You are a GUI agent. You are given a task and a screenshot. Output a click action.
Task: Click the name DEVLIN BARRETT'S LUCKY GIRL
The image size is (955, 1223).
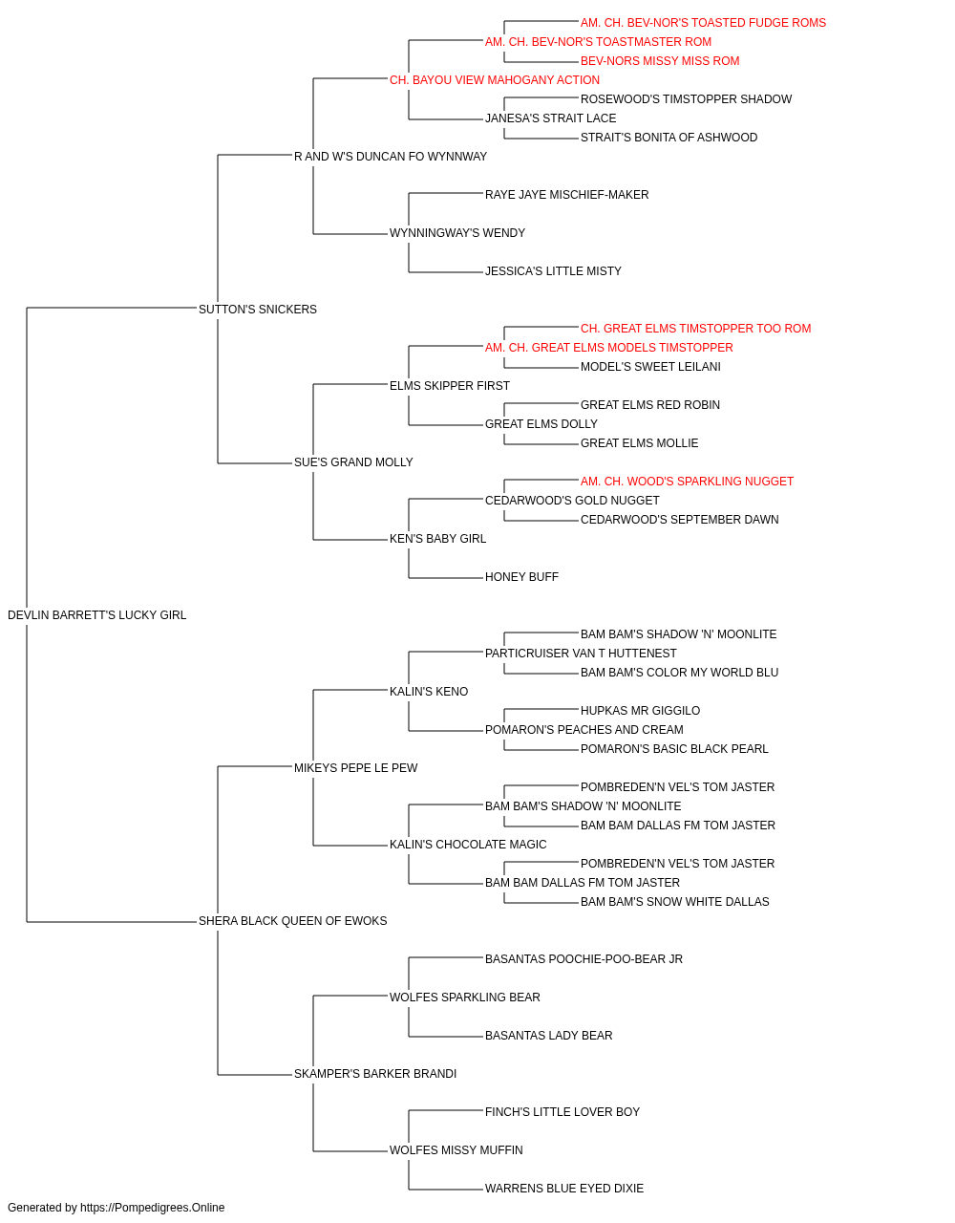(96, 615)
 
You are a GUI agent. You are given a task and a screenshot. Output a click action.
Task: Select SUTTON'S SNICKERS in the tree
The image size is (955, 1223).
(258, 310)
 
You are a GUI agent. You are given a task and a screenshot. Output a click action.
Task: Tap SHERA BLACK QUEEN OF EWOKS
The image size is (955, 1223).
(292, 921)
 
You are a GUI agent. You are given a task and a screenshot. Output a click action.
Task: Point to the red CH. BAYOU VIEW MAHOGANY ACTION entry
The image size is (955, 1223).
(495, 80)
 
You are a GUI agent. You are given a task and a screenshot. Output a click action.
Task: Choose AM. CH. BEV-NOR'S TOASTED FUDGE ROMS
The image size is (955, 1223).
(703, 23)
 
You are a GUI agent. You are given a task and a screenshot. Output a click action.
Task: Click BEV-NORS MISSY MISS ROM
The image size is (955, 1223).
(660, 61)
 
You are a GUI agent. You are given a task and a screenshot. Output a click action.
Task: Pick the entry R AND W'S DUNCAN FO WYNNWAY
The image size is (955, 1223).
(391, 157)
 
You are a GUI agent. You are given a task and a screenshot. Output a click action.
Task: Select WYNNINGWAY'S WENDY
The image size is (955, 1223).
(457, 233)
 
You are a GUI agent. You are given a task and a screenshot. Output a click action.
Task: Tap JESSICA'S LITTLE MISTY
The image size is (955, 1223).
(553, 271)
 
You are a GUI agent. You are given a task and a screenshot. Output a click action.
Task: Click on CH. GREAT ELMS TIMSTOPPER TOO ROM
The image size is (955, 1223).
(696, 329)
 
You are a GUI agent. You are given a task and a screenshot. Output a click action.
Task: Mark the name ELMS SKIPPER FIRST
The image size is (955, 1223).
(450, 386)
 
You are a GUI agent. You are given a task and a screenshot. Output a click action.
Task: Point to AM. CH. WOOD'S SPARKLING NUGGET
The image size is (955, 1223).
(687, 482)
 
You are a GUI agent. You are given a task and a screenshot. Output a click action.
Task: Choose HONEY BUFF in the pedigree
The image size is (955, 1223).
(521, 577)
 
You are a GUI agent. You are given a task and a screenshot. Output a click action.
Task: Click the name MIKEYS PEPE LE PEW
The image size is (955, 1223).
(355, 768)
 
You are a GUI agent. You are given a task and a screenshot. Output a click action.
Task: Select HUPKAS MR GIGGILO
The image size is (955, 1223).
(640, 711)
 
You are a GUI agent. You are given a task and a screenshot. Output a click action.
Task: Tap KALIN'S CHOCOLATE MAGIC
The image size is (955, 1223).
(468, 845)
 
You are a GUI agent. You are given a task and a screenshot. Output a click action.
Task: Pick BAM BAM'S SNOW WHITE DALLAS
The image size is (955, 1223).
(674, 902)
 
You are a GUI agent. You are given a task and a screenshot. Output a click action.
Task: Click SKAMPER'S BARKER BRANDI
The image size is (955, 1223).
(375, 1074)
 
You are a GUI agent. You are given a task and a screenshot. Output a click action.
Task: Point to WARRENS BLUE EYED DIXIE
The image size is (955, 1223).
(564, 1188)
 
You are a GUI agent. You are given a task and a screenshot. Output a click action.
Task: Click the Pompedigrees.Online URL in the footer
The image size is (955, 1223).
(153, 1208)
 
